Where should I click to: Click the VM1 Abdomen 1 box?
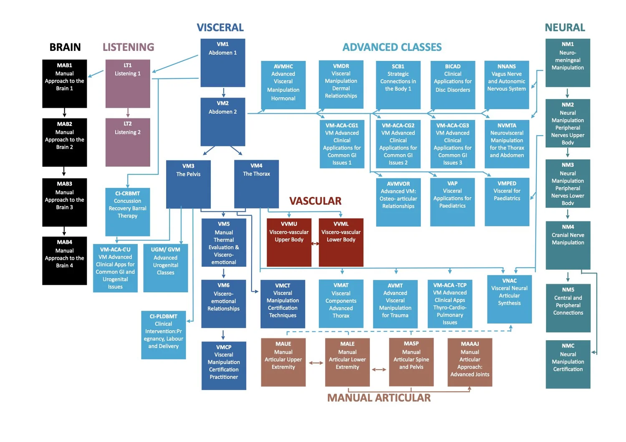(222, 63)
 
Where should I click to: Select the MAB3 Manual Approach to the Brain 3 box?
(65, 202)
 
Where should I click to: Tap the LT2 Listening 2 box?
(128, 142)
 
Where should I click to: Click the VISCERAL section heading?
(220, 28)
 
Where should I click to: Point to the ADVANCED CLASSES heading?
(392, 47)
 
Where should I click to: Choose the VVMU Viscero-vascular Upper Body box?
(289, 242)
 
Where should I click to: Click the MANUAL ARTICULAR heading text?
(379, 398)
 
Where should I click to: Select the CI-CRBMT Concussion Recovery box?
(127, 212)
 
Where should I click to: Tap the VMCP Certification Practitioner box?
(224, 366)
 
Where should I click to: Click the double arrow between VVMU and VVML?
(315, 244)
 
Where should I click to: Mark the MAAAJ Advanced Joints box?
(469, 362)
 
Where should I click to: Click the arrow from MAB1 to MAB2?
(64, 113)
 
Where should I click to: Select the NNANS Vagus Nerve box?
(506, 85)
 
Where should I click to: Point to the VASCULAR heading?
(315, 201)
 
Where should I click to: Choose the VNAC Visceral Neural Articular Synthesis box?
(509, 299)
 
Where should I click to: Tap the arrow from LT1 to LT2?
(128, 113)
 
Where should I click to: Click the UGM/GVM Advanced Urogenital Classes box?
(165, 268)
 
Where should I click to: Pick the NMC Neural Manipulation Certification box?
(568, 364)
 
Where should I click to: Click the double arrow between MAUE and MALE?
(316, 363)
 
